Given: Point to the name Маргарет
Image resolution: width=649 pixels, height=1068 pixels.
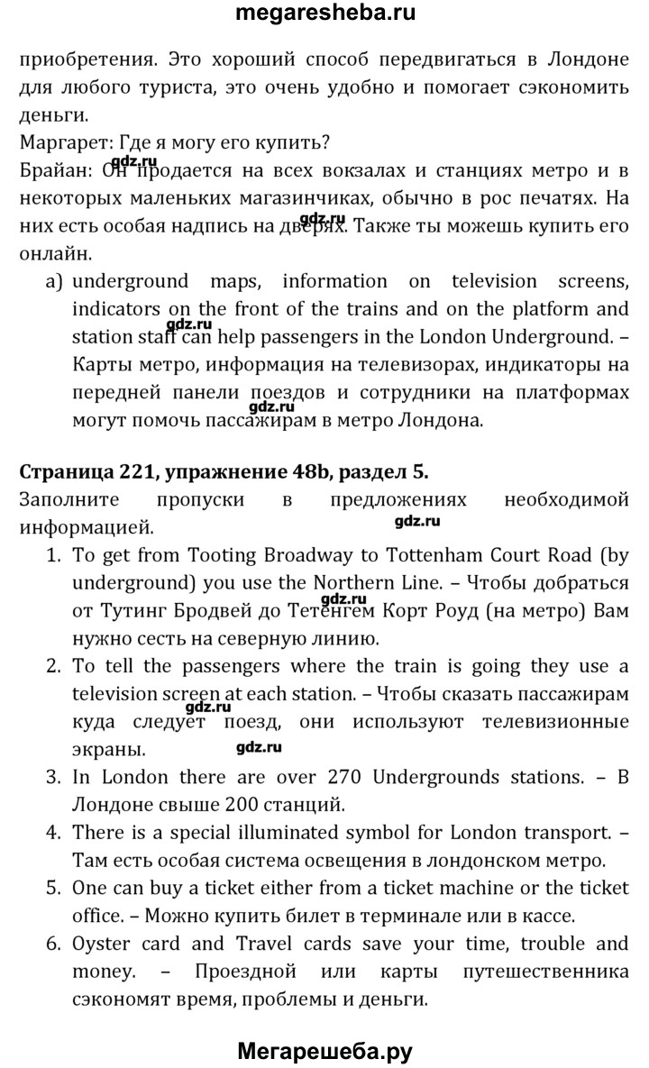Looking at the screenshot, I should (x=59, y=141).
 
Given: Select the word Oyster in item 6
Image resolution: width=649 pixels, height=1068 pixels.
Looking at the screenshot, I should (x=98, y=945).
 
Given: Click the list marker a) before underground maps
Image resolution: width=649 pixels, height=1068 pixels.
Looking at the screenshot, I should (x=54, y=281).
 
